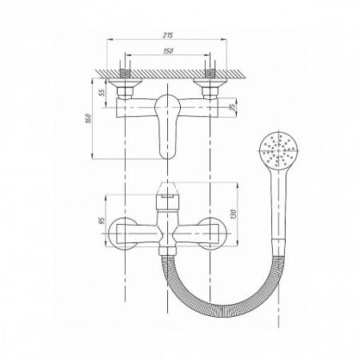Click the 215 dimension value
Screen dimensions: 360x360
168,34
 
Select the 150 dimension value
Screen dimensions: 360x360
168,50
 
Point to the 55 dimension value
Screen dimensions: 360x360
102,93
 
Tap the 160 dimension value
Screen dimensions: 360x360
89,118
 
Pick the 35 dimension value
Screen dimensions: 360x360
233,107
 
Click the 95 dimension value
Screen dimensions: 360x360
102,221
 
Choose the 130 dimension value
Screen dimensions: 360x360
234,214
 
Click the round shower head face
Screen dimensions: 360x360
279,150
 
